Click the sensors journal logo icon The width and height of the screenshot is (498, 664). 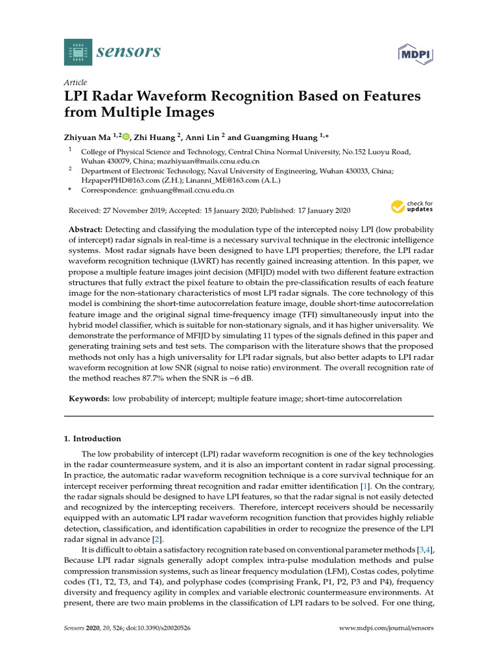click(x=78, y=52)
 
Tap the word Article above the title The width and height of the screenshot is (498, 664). click(x=75, y=82)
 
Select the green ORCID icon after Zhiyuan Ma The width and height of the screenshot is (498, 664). click(x=126, y=137)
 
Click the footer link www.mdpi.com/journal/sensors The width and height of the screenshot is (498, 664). click(x=386, y=628)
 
